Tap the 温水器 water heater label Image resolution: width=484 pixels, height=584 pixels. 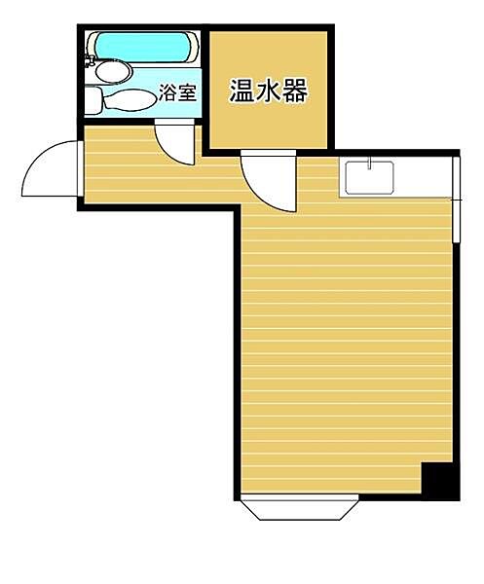pos(268,92)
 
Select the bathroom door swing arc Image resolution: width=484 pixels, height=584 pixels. pos(174,143)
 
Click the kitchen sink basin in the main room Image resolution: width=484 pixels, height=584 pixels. pos(368,176)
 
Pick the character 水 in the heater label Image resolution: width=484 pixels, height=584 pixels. pos(268,92)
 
